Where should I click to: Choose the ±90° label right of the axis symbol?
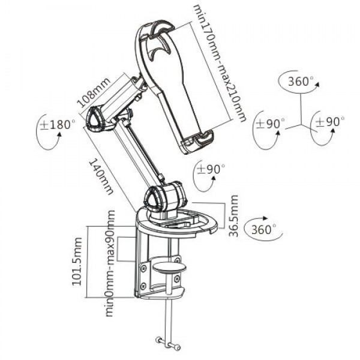click(331, 122)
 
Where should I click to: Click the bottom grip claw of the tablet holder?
click(198, 142)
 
